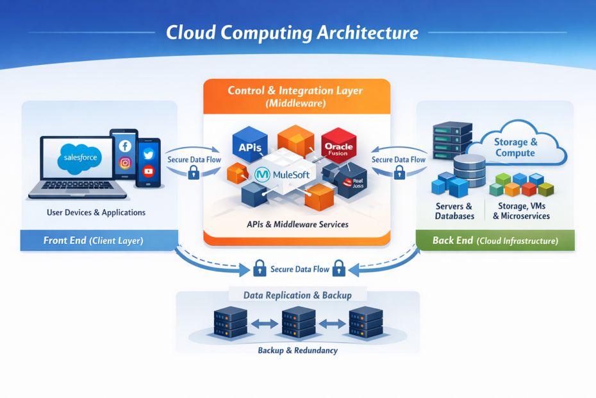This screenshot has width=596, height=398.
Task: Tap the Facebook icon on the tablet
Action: pos(125,146)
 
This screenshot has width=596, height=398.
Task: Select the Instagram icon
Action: pos(125,163)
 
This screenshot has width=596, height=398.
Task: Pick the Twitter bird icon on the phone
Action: pos(148,154)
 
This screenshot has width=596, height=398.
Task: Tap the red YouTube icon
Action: pos(148,171)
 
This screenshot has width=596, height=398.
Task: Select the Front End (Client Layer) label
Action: pos(93,241)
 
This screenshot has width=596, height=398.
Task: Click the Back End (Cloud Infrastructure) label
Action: pos(495,241)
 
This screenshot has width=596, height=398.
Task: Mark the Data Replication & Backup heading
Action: pos(297,295)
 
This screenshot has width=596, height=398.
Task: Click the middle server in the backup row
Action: pos(298,323)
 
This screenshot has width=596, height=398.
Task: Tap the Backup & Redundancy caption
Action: pos(297,350)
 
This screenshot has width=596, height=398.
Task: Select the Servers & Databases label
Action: pos(454,211)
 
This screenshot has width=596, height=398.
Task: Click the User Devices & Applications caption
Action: pos(96,212)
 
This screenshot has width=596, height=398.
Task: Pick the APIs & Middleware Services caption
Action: pos(297,224)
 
